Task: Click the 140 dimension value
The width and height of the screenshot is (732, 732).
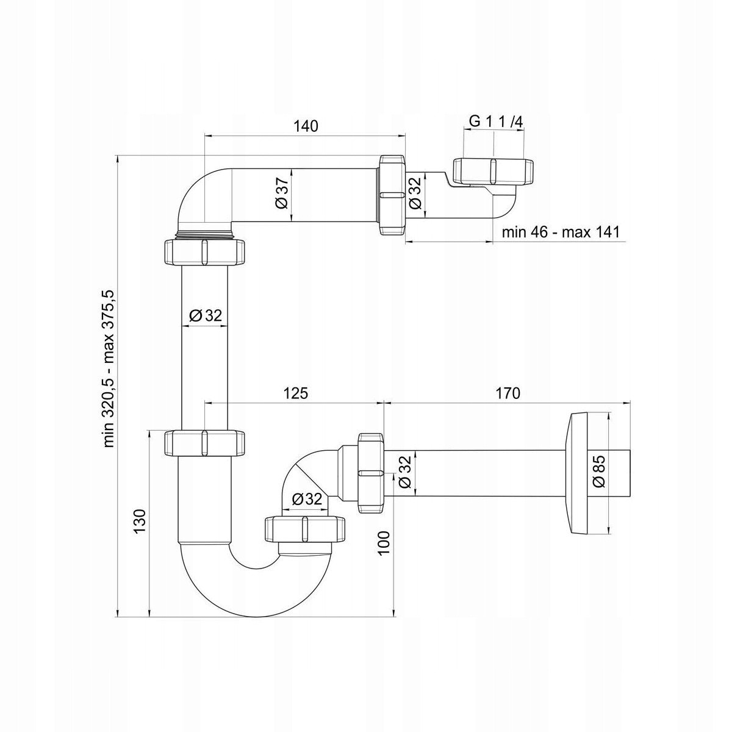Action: [x=306, y=126]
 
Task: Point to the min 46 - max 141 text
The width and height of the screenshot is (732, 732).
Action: [x=561, y=232]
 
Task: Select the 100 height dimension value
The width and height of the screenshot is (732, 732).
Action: [x=384, y=544]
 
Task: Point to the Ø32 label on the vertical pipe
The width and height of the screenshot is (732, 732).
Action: [x=206, y=315]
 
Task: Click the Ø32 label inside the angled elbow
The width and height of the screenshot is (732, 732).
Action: [x=307, y=499]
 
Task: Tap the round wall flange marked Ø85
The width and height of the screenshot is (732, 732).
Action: [x=578, y=473]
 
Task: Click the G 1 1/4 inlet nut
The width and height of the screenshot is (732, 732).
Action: [x=493, y=171]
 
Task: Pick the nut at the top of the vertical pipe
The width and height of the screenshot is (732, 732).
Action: [x=205, y=252]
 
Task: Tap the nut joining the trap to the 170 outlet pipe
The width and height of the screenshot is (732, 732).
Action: [x=371, y=473]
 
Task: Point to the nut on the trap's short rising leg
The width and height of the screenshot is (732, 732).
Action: [x=305, y=528]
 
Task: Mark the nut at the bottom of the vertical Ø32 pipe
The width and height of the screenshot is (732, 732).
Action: [x=205, y=443]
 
